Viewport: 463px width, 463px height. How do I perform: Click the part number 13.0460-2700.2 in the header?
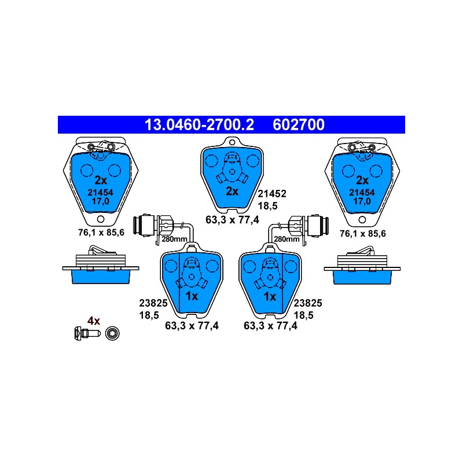[199, 124]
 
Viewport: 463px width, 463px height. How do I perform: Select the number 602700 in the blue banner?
[299, 124]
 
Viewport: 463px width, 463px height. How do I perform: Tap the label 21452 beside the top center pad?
[272, 194]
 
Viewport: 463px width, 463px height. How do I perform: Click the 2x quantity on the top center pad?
[232, 192]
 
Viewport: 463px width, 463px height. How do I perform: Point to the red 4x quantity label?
[94, 321]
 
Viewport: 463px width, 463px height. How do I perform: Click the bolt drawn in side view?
[87, 333]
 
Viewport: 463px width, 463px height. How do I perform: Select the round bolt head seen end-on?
[112, 333]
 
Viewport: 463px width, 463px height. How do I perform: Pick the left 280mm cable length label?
[174, 239]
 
